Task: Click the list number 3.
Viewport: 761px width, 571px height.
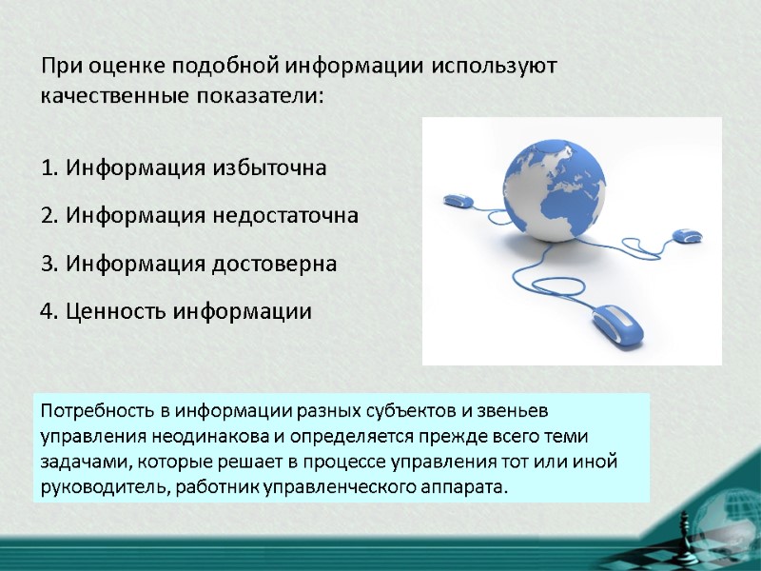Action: pyautogui.click(x=49, y=264)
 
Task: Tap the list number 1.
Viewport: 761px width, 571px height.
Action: pyautogui.click(x=49, y=168)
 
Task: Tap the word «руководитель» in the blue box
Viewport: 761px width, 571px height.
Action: pyautogui.click(x=98, y=487)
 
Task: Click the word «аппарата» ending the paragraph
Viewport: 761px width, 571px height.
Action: pyautogui.click(x=466, y=487)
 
